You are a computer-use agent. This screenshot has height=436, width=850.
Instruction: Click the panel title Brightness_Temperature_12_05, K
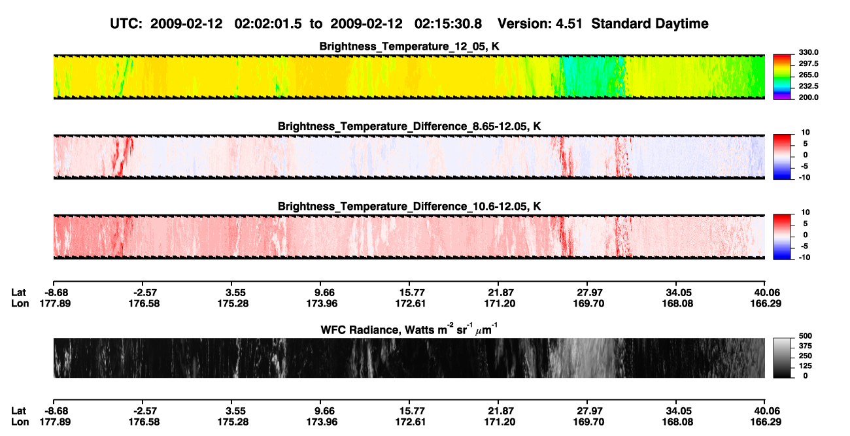point(409,46)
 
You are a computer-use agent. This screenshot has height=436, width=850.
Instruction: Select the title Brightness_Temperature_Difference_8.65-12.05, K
point(409,126)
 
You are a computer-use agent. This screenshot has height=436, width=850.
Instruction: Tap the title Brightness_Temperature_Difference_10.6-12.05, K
point(409,207)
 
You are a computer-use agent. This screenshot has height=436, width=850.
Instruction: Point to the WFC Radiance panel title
point(409,329)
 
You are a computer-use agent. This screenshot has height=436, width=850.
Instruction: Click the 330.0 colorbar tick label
point(808,52)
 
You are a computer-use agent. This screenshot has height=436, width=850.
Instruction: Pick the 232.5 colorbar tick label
point(808,86)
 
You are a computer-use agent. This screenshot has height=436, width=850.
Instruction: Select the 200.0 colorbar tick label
point(808,97)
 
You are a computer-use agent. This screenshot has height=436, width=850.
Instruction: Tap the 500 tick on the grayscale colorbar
point(806,336)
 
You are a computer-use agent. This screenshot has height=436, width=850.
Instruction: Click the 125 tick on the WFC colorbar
point(806,366)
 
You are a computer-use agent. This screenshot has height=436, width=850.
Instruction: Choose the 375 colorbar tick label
point(806,346)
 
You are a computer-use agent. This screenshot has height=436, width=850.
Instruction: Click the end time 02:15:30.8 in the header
point(448,24)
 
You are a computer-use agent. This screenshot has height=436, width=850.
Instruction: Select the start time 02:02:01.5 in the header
point(268,24)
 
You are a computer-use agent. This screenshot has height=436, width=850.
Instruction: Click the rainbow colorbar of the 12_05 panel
point(782,77)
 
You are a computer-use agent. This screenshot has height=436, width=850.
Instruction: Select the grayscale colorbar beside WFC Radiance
point(782,358)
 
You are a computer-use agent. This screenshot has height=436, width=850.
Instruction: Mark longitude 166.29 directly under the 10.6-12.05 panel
point(766,303)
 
